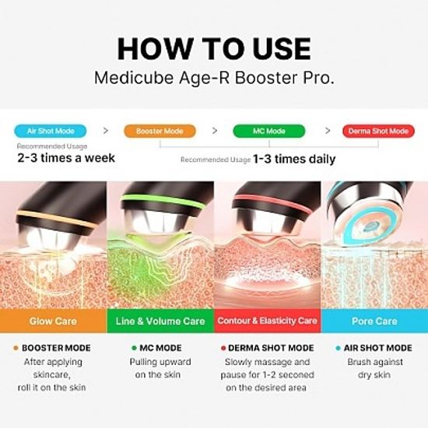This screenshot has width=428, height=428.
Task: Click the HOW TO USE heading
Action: pos(213,48)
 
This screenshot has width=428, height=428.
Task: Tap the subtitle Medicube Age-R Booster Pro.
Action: pos(213,79)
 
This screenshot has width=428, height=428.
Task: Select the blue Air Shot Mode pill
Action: pos(49,131)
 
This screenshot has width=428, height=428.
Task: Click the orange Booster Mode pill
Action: pos(160,131)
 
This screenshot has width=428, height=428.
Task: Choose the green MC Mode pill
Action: pos(269,131)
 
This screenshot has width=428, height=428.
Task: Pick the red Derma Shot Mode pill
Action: pos(377,131)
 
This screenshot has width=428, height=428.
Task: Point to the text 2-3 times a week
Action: pos(66,158)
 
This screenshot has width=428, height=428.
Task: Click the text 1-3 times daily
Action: pos(293,160)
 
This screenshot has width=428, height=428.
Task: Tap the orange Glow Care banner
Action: pos(53,321)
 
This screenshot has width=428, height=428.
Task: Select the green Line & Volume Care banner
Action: pos(160,321)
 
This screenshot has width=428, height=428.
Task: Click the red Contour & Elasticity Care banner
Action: pos(267,321)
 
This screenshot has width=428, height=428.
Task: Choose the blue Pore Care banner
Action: pos(374,321)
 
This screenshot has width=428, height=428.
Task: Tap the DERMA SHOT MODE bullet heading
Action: pos(271,348)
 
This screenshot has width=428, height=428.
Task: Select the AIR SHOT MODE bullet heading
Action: pos(377,348)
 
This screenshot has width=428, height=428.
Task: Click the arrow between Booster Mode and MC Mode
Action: pos(214,131)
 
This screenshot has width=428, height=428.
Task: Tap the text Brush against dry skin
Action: pos(374,368)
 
